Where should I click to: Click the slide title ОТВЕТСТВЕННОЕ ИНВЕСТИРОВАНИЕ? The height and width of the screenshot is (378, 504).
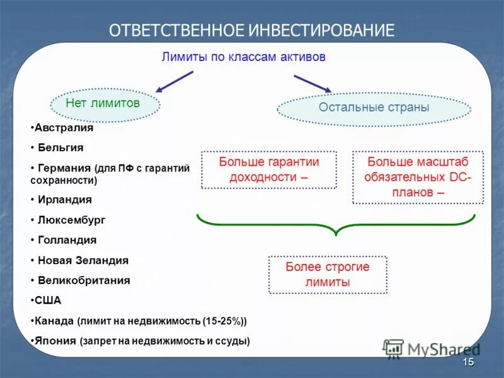tap(251, 30)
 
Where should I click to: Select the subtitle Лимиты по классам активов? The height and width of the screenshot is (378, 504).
tap(243, 57)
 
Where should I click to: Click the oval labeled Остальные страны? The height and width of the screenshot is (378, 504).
tap(374, 108)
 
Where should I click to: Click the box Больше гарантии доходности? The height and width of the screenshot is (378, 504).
tap(269, 169)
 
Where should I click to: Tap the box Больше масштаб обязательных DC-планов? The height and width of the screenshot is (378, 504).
tap(418, 177)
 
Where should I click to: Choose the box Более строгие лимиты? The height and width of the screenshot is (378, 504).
tap(328, 275)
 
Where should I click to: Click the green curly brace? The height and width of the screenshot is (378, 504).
tap(336, 224)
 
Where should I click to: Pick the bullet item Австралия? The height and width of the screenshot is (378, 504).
tap(63, 127)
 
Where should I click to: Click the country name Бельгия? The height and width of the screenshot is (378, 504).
tap(60, 147)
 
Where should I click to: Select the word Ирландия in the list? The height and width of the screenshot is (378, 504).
tap(64, 199)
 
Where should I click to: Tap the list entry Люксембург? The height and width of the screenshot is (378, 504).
tap(71, 220)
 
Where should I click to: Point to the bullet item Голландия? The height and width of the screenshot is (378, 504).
tap(67, 240)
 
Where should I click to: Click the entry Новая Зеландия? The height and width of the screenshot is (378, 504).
tap(83, 260)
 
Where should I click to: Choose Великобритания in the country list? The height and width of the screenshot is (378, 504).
tap(84, 280)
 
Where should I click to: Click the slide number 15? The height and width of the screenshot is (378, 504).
tap(467, 362)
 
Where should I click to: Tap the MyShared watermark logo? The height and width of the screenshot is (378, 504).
tap(432, 349)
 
